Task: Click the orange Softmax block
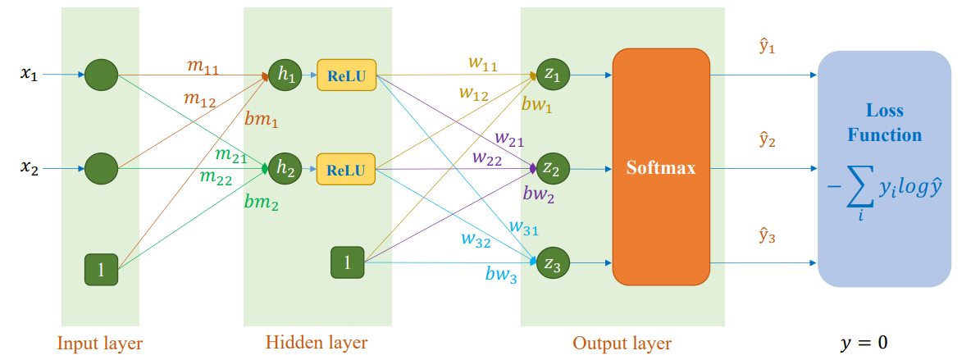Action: coord(661,167)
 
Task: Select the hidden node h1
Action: coord(285,75)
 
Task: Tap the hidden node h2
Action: coord(285,169)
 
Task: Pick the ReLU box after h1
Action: coord(346,75)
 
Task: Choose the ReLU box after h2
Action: coord(346,170)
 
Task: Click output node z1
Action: coord(551,75)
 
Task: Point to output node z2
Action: coord(551,170)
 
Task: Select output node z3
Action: coord(551,264)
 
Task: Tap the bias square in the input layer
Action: coord(101,270)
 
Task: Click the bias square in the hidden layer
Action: coord(347,262)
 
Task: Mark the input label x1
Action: coord(30,75)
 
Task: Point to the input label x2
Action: coord(30,169)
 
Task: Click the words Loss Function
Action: coord(884,122)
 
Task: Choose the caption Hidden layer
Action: coord(317,342)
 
